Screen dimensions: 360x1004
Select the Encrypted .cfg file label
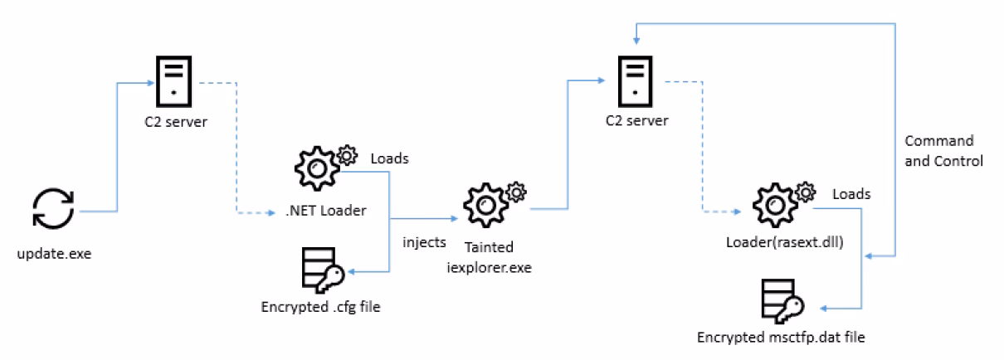point(319,306)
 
